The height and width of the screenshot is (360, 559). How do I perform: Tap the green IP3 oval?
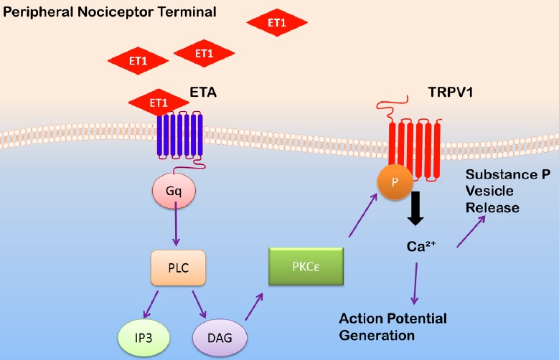tap(145, 336)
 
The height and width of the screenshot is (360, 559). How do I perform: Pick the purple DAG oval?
tap(219, 336)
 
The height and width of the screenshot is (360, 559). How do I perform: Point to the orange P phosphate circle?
tap(393, 183)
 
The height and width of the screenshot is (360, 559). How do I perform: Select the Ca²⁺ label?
tap(421, 247)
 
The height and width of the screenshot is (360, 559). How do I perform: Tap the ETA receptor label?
tap(203, 92)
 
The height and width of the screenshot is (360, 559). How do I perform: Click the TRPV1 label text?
tap(433, 92)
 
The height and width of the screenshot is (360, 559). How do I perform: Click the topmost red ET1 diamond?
tap(276, 23)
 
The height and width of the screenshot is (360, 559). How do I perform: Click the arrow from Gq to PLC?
tap(175, 226)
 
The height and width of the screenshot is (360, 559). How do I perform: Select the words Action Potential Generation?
tap(393, 326)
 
